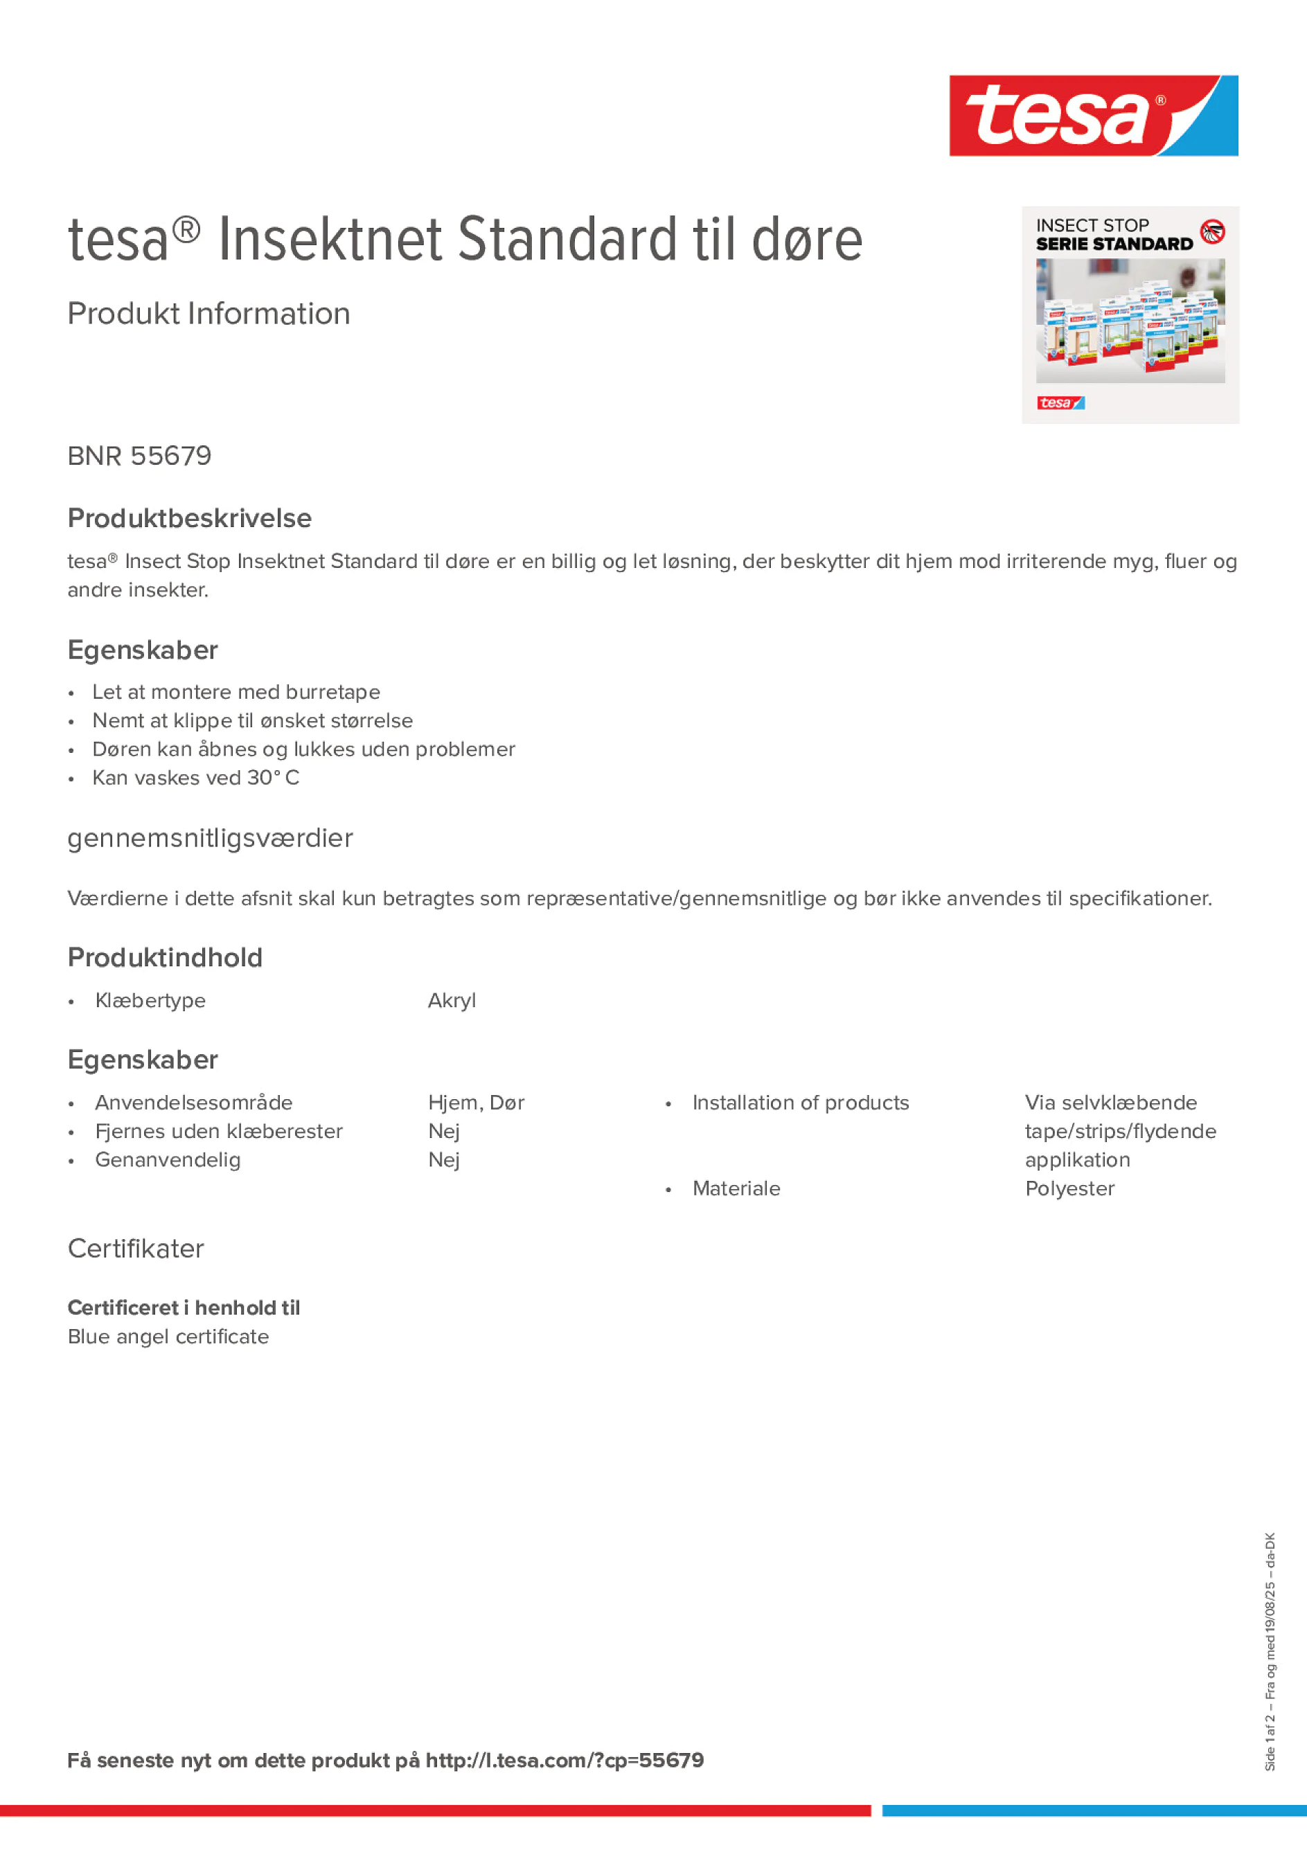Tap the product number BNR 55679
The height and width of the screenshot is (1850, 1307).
click(139, 456)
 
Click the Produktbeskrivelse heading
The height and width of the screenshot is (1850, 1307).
click(189, 518)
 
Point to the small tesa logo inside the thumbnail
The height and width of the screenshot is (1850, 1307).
click(1060, 403)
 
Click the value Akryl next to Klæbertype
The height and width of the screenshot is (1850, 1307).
click(451, 1001)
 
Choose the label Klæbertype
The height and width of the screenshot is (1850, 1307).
click(150, 1001)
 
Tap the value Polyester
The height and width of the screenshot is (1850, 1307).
click(1069, 1189)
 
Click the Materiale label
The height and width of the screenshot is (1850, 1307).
click(736, 1189)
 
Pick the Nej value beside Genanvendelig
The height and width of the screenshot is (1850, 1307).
click(443, 1159)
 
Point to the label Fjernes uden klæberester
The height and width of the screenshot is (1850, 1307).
click(218, 1131)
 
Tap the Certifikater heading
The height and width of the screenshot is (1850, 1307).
click(135, 1248)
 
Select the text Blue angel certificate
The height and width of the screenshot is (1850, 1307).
click(168, 1337)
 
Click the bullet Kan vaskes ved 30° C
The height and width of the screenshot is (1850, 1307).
click(196, 778)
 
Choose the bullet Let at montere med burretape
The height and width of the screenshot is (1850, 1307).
click(236, 692)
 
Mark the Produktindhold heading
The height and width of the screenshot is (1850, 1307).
click(165, 957)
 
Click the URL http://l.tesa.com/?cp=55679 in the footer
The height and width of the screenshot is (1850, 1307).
click(564, 1761)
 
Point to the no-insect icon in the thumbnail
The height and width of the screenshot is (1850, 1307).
click(1212, 232)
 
